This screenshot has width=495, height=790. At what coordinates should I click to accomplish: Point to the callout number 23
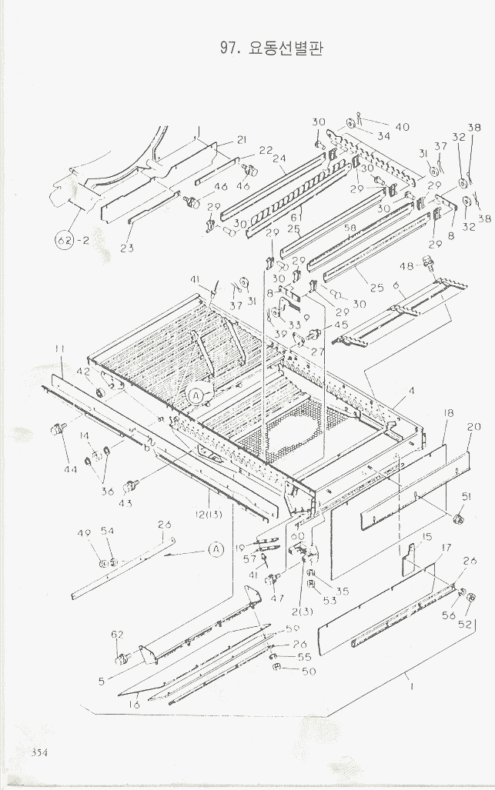[x=127, y=248]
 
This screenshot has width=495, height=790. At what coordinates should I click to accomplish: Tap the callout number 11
[x=59, y=350]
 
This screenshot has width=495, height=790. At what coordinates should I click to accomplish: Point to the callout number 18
[x=450, y=414]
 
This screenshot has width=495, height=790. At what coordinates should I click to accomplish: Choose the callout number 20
[x=473, y=427]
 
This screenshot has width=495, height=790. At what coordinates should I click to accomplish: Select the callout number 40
[x=402, y=127]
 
